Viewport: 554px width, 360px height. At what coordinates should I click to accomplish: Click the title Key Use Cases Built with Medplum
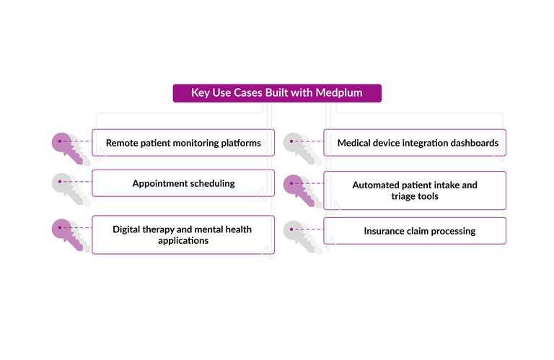pos(276,93)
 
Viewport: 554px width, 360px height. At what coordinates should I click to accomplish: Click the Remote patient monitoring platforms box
pos(183,143)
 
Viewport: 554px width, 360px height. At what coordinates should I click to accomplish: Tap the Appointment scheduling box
pos(183,183)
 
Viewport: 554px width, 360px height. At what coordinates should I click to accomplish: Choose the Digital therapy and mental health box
pos(183,234)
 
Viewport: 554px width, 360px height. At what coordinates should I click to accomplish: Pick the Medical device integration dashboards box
pos(415,143)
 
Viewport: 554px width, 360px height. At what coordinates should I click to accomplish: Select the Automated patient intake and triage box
pos(415,190)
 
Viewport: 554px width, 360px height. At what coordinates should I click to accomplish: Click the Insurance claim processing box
pos(415,231)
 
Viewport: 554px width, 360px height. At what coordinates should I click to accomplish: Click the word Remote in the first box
pos(123,143)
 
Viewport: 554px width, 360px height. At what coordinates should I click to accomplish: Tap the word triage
pos(404,196)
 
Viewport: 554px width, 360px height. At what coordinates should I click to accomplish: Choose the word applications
pos(183,240)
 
